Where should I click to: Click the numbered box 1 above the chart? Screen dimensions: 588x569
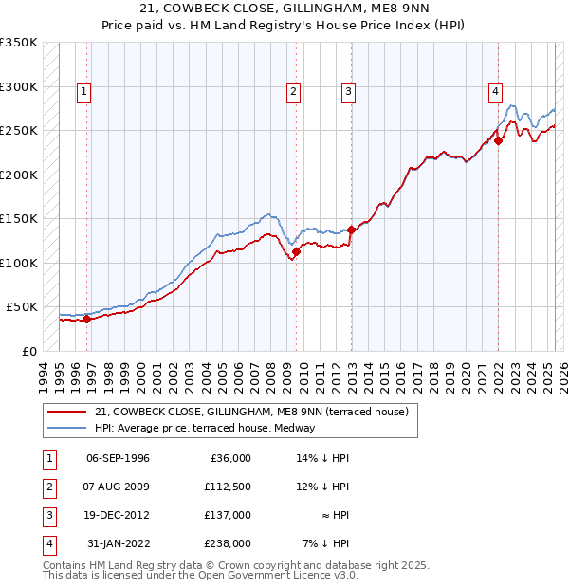point(84,92)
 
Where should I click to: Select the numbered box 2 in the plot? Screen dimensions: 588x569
point(294,92)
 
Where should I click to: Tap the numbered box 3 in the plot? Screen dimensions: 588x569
point(349,92)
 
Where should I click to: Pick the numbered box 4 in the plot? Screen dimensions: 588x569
point(495,92)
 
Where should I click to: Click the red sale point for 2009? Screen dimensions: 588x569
point(296,252)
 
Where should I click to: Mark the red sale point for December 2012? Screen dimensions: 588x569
point(351,230)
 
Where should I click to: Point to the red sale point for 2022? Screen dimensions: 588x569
point(498,141)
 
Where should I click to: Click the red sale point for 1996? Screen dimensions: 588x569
point(86,319)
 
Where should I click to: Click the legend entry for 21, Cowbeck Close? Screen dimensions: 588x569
point(250,412)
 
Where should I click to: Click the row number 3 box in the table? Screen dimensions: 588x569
point(46,515)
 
